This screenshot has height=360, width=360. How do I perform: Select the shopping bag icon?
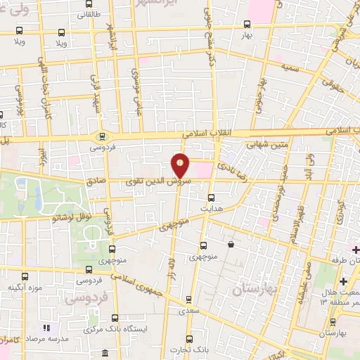(232, 245)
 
